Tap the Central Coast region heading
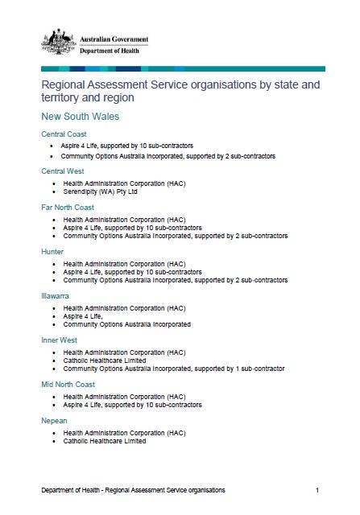pyautogui.click(x=64, y=134)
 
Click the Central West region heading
pyautogui.click(x=63, y=171)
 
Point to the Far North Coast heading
pyautogui.click(x=67, y=207)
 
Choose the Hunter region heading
pyautogui.click(x=52, y=251)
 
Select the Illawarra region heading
pyautogui.click(x=56, y=295)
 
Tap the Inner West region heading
pyautogui.click(x=59, y=340)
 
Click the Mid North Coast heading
pyautogui.click(x=68, y=384)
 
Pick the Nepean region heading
pyautogui.click(x=54, y=421)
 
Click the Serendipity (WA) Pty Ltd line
pyautogui.click(x=101, y=192)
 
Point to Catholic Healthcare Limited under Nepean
pyautogui.click(x=105, y=441)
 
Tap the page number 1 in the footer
pyautogui.click(x=317, y=490)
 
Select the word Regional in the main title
pyautogui.click(x=67, y=83)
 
